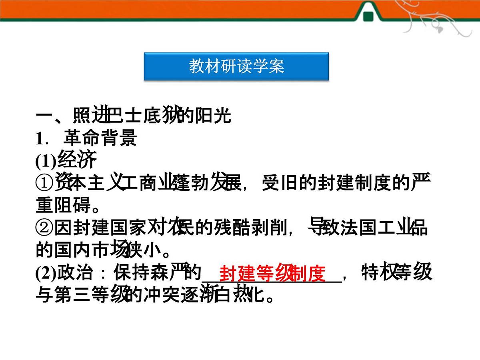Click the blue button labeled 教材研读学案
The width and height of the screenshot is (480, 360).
(x=236, y=66)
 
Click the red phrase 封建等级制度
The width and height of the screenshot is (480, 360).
(x=272, y=273)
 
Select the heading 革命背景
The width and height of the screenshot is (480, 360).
(x=100, y=138)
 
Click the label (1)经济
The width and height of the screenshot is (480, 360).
(x=66, y=160)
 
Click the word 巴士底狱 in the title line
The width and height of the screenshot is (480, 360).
(x=138, y=116)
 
